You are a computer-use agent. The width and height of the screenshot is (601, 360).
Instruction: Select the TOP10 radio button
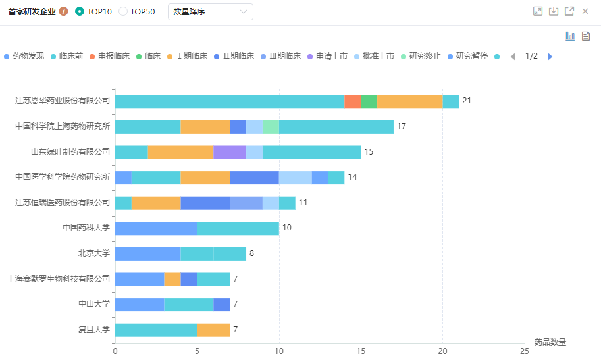(x=80, y=11)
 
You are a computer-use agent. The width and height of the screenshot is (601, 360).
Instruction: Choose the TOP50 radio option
(x=123, y=11)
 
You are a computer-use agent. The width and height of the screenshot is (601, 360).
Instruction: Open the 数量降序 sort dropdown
(x=211, y=11)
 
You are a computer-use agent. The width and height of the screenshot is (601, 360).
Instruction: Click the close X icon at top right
(x=585, y=11)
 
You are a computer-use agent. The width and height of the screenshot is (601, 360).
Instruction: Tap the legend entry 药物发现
(x=24, y=56)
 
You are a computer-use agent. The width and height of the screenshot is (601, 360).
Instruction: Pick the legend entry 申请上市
(x=327, y=56)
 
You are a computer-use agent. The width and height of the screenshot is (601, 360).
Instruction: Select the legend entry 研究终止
(x=421, y=56)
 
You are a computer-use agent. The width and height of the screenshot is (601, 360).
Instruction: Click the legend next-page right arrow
(x=550, y=56)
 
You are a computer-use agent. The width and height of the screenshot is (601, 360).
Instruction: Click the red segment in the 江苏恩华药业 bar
(x=352, y=101)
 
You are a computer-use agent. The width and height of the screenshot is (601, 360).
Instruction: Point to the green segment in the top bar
(x=369, y=101)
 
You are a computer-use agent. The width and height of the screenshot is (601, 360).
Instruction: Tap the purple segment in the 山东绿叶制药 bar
(x=230, y=152)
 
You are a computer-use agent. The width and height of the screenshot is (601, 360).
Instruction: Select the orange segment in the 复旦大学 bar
(x=213, y=330)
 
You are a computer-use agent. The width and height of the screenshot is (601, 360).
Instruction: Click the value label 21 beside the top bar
(x=467, y=101)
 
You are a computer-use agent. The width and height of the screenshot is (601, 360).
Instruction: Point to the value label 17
(x=402, y=126)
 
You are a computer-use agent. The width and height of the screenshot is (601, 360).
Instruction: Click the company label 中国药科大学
(x=86, y=228)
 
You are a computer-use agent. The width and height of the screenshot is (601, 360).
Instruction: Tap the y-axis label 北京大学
(x=93, y=253)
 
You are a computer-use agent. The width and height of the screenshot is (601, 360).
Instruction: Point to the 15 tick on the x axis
(x=361, y=351)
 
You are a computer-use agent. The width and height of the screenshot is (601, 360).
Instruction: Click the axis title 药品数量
(x=550, y=342)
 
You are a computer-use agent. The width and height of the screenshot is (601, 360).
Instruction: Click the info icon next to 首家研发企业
(x=64, y=11)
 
